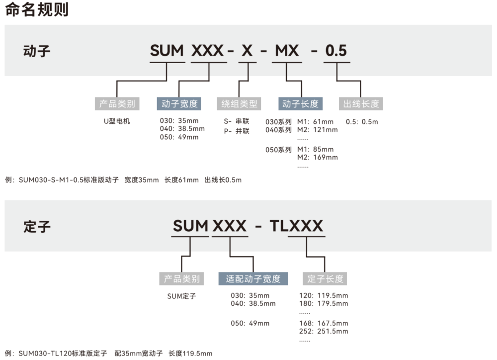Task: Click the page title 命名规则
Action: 37,9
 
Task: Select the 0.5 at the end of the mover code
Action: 336,51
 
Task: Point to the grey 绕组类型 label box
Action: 240,103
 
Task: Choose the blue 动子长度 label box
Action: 300,103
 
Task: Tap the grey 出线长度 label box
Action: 361,103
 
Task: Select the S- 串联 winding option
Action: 237,121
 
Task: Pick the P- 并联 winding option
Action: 237,131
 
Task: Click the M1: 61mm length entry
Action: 315,122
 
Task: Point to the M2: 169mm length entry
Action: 317,157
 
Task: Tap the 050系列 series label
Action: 278,149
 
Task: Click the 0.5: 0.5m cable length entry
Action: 362,122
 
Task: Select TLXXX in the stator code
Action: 296,226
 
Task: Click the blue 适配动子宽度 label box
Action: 253,278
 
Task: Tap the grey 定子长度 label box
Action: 325,278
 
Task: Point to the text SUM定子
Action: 181,296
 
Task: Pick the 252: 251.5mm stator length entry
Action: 324,331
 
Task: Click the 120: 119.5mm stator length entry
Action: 324,295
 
